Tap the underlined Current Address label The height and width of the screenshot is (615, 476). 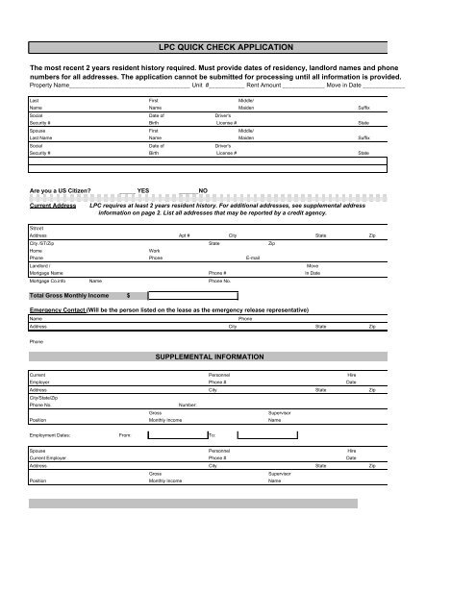[x=53, y=206]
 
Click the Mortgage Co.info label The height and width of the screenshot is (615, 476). [x=48, y=282]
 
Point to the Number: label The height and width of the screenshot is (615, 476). [x=188, y=406]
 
